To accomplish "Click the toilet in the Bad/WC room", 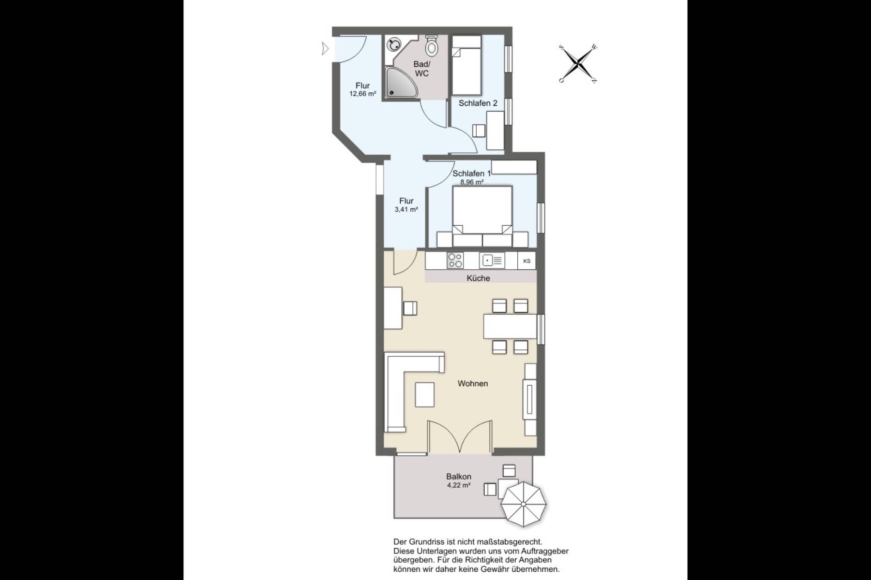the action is pyautogui.click(x=432, y=45).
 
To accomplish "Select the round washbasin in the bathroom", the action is pyautogui.click(x=393, y=44).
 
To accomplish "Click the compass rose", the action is pyautogui.click(x=578, y=63).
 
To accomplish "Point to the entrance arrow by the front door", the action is pyautogui.click(x=326, y=49).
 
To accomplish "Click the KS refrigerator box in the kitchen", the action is pyautogui.click(x=527, y=261).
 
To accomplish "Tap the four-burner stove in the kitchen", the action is pyautogui.click(x=455, y=261).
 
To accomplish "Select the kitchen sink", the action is pyautogui.click(x=492, y=261).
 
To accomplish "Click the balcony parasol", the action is pyautogui.click(x=523, y=504).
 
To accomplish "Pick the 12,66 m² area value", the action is pyautogui.click(x=363, y=94).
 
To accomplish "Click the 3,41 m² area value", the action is pyautogui.click(x=406, y=210).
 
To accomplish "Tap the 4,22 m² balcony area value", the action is pyautogui.click(x=459, y=485).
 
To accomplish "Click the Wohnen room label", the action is pyautogui.click(x=473, y=384).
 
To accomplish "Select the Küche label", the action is pyautogui.click(x=478, y=278).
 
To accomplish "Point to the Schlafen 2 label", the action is pyautogui.click(x=478, y=103).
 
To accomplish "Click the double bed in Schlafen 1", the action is pyautogui.click(x=482, y=216).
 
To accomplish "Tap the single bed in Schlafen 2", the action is pyautogui.click(x=466, y=65).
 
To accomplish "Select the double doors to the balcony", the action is pyautogui.click(x=459, y=437).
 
